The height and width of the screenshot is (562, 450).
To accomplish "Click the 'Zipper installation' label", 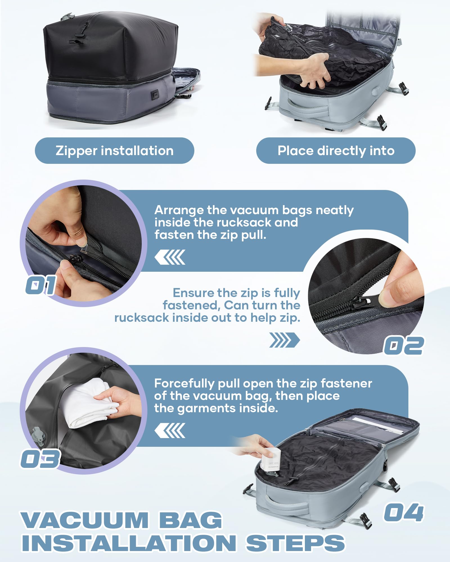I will [114, 151].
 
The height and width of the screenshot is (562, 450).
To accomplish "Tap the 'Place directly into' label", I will [336, 151].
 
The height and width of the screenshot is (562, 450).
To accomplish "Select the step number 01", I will [41, 285].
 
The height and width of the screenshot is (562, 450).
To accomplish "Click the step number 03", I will [40, 459].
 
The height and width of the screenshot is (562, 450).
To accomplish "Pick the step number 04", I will [403, 513].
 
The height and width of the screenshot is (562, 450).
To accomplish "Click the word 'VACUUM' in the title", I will [84, 520].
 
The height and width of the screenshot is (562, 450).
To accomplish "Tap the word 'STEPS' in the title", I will [295, 543].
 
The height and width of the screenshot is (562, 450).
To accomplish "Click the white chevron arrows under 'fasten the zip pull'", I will [170, 257].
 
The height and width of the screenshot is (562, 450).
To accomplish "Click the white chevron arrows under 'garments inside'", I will [170, 430].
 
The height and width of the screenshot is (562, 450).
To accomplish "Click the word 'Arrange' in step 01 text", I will [179, 210].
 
